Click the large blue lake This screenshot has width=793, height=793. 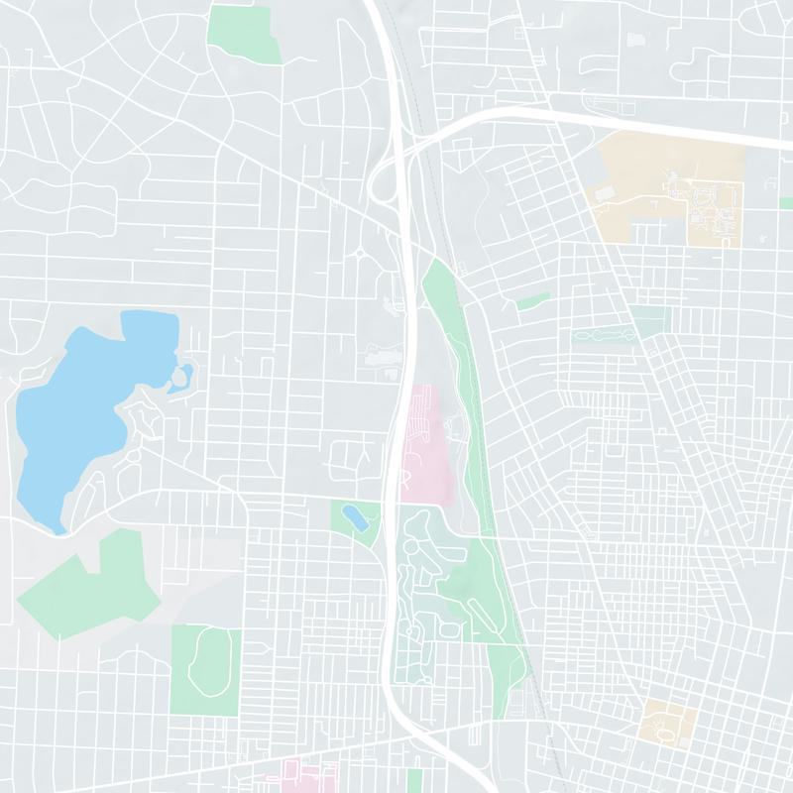tap(79, 416)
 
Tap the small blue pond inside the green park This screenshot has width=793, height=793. tap(354, 516)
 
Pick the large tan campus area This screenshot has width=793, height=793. tap(664, 183)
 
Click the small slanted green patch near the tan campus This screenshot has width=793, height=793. tap(532, 300)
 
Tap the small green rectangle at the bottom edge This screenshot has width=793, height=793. tap(414, 780)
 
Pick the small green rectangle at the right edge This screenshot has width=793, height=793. tap(786, 202)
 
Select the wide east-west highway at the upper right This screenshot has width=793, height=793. tap(634, 124)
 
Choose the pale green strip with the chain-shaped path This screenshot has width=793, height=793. tap(605, 336)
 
